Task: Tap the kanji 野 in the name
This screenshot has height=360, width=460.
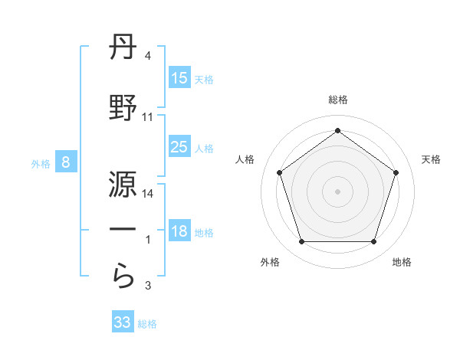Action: pos(123,108)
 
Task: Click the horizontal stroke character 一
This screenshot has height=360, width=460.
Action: pos(123,231)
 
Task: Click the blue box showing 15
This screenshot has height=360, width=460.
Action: pos(179,77)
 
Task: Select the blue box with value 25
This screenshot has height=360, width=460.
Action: pos(179,148)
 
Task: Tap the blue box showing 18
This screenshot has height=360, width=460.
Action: pos(179,232)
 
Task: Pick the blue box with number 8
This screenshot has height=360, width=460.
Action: pos(66,162)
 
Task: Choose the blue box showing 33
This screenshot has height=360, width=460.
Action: pos(123,322)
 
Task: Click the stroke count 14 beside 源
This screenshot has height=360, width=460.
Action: pos(148,194)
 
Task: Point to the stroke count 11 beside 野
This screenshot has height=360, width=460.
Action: pos(148,117)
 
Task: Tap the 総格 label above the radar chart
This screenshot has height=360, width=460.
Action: pos(337,100)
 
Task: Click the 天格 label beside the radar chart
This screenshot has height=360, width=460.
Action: pos(432,159)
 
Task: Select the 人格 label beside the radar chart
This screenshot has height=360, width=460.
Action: pos(245,159)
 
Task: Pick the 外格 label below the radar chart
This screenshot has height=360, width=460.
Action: pos(270,262)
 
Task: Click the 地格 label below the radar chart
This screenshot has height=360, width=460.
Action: pos(402,262)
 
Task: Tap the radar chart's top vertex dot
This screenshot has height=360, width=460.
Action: pos(337,130)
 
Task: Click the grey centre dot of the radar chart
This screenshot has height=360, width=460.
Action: pos(337,191)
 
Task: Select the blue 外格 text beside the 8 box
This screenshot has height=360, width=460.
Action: pos(40,163)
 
